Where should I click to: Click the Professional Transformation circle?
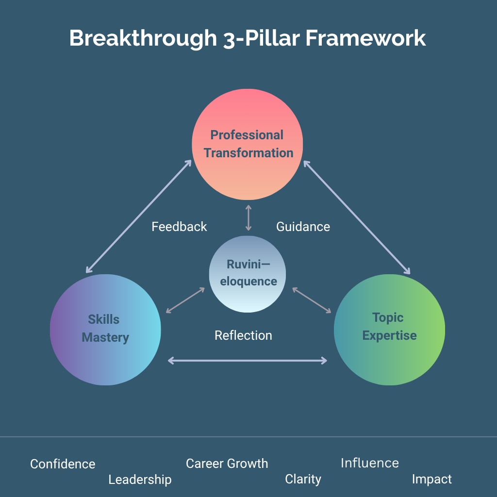[x=248, y=144]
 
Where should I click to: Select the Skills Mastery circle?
[x=105, y=329]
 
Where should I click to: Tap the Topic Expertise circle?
[x=389, y=329]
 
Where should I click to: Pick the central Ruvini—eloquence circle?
[x=248, y=273]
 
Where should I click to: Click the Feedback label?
[x=179, y=227]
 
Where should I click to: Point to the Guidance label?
[x=303, y=227]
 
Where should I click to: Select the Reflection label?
[x=243, y=335]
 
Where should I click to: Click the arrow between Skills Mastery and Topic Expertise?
[x=248, y=360]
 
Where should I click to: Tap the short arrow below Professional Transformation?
[x=248, y=218]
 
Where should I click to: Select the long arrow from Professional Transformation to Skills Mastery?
[x=139, y=216]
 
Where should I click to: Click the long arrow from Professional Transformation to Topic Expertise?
[x=357, y=217]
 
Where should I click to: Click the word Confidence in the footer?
[x=63, y=464]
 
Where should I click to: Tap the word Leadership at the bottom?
[x=140, y=480]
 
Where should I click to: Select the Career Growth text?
[x=227, y=464]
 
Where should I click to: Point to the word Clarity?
[x=303, y=480]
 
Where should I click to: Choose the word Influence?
[x=369, y=463]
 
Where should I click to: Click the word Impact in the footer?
[x=431, y=480]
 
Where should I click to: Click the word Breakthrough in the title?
[x=143, y=38]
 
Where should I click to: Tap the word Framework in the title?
[x=365, y=38]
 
